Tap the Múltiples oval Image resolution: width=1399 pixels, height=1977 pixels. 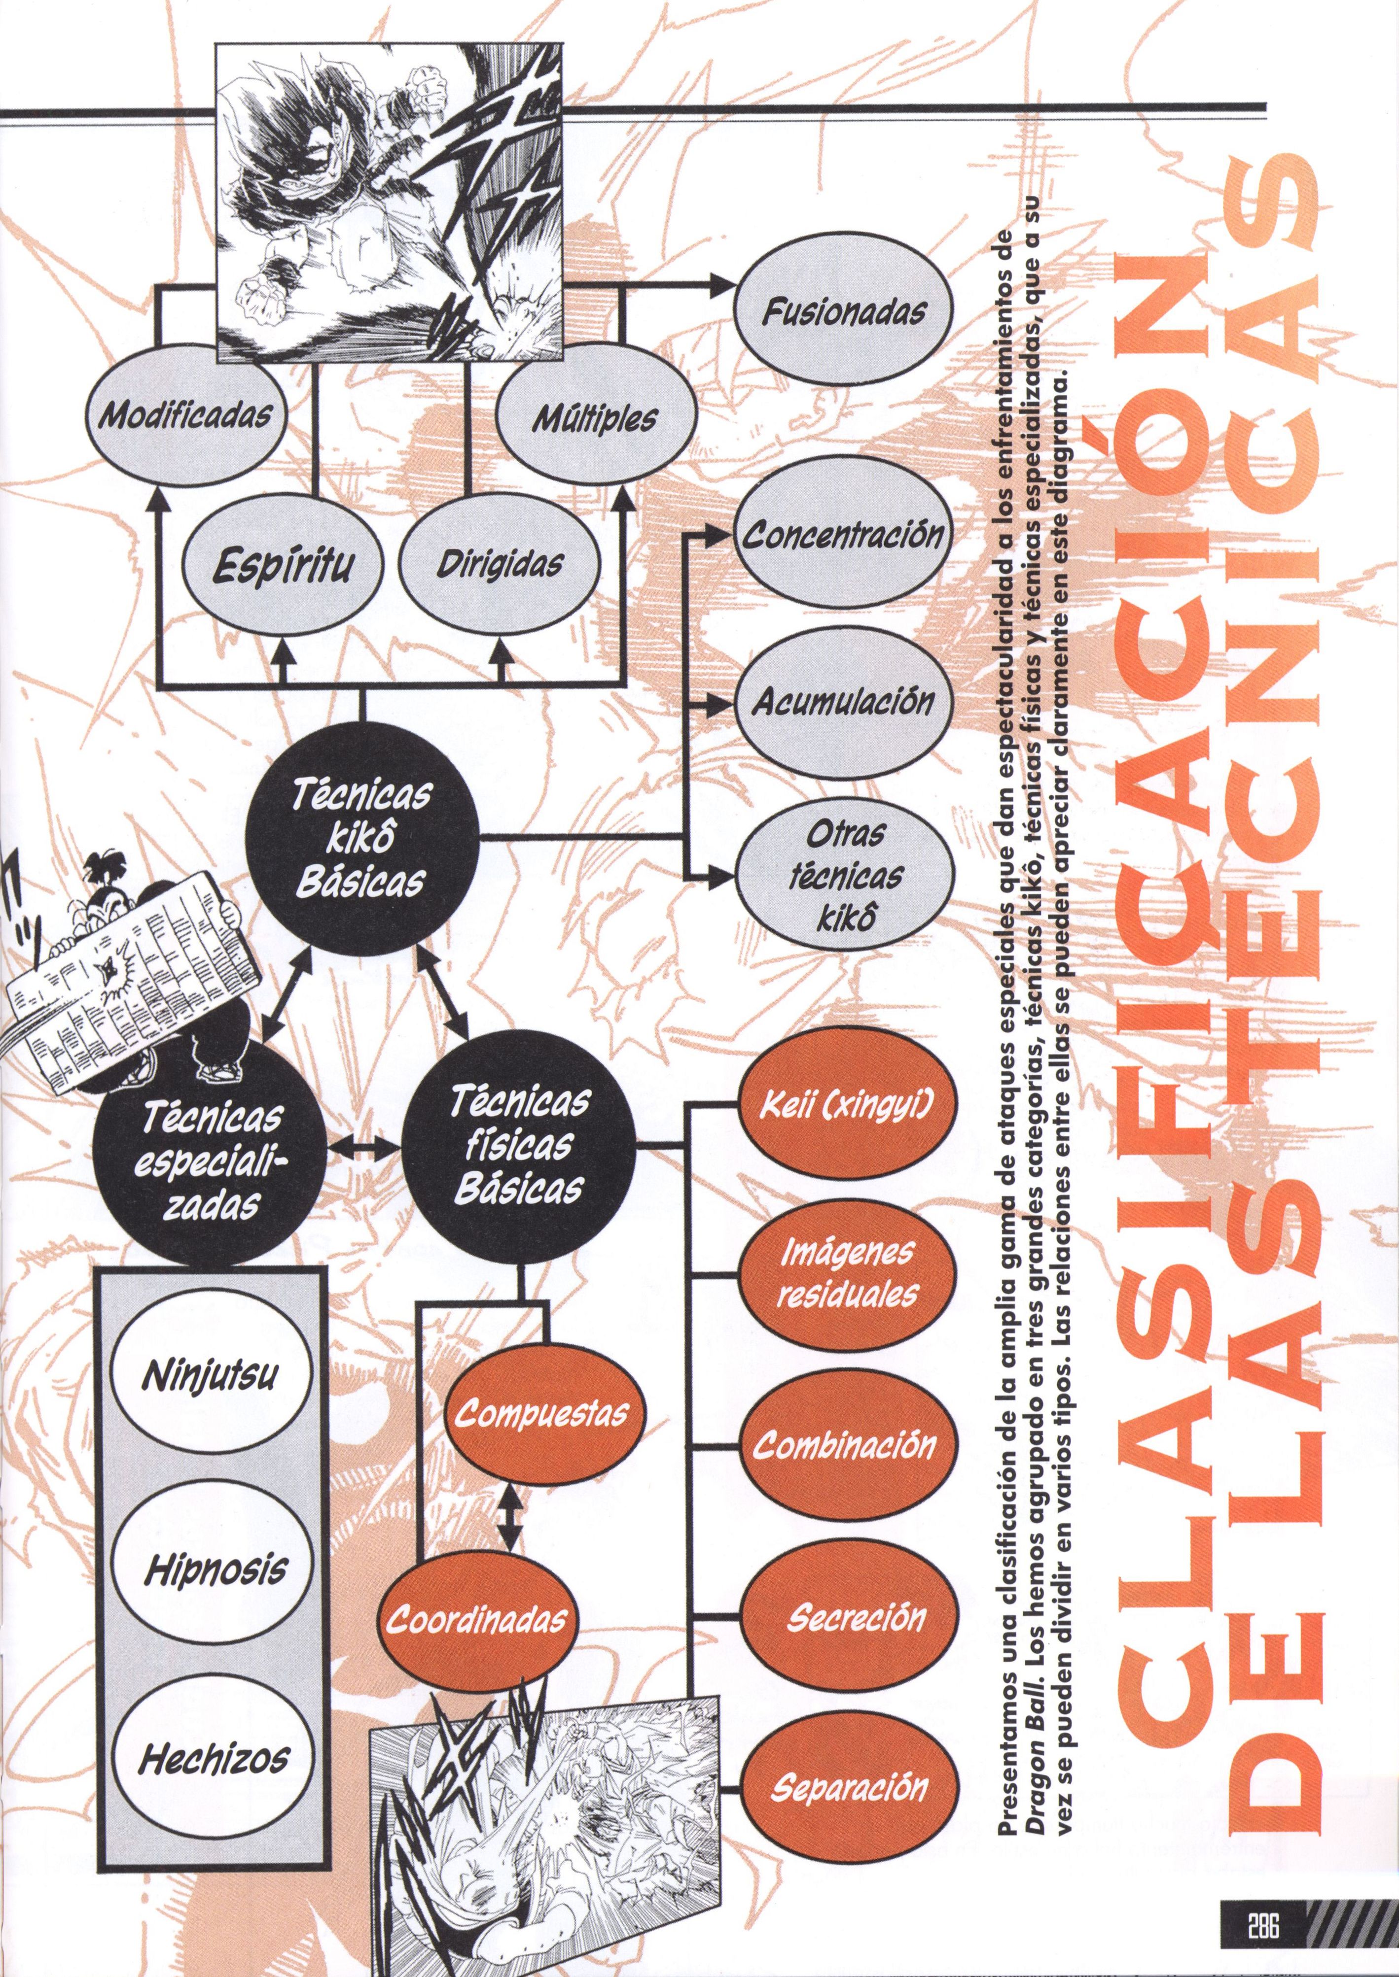(x=594, y=417)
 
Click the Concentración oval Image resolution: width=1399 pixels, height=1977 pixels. (x=842, y=537)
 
